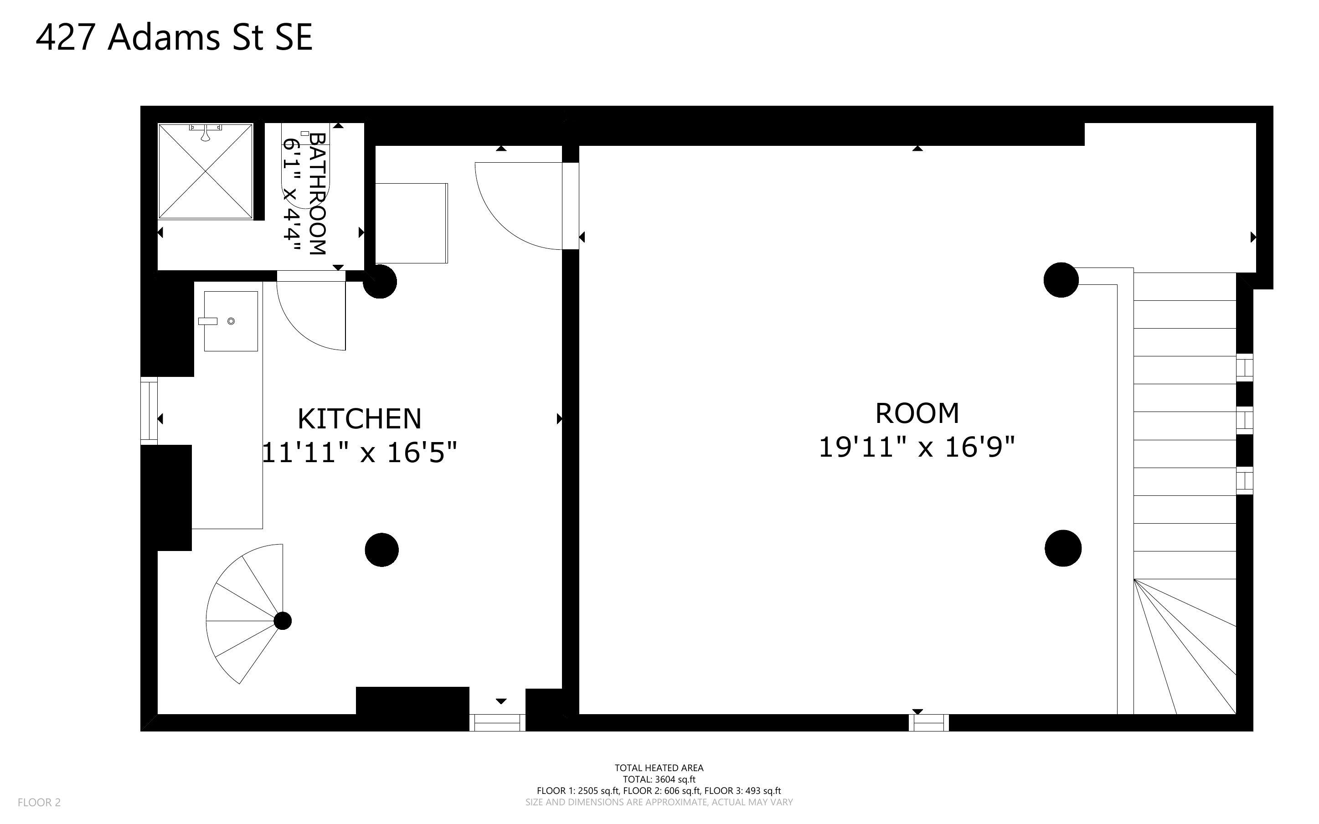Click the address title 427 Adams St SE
click(175, 38)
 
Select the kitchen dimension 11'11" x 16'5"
click(360, 452)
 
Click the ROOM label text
click(917, 413)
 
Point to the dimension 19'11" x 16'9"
click(917, 448)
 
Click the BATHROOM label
click(318, 193)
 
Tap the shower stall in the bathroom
click(206, 171)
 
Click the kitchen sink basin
click(231, 321)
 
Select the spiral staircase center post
click(282, 621)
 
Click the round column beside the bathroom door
click(380, 282)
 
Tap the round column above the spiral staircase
click(382, 550)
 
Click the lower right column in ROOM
click(1063, 548)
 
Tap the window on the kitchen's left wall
click(149, 411)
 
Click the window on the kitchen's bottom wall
click(497, 723)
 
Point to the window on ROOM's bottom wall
click(928, 723)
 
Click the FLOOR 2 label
click(39, 803)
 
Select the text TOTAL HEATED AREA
click(659, 768)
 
